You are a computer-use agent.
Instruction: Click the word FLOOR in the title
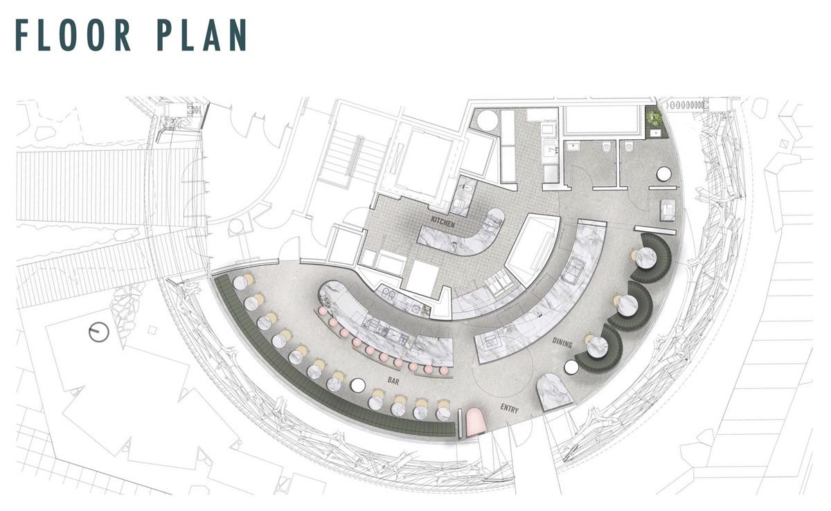click(x=73, y=35)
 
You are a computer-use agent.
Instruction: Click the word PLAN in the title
click(x=202, y=35)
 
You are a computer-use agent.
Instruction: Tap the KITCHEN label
click(x=443, y=222)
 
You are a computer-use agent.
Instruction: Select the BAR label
click(x=393, y=381)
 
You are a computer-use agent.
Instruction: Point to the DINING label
click(x=562, y=343)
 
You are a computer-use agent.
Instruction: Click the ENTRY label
click(x=510, y=409)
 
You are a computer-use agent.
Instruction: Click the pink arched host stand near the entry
click(x=476, y=422)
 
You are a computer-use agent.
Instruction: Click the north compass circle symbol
click(x=99, y=332)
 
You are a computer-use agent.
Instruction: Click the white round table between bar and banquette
click(x=358, y=385)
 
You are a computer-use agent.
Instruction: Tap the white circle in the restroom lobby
click(x=663, y=174)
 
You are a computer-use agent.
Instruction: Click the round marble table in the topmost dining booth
click(x=647, y=257)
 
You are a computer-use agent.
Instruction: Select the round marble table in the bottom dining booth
click(x=597, y=347)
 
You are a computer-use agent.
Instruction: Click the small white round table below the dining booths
click(x=571, y=368)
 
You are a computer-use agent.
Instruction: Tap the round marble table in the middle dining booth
click(x=627, y=306)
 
